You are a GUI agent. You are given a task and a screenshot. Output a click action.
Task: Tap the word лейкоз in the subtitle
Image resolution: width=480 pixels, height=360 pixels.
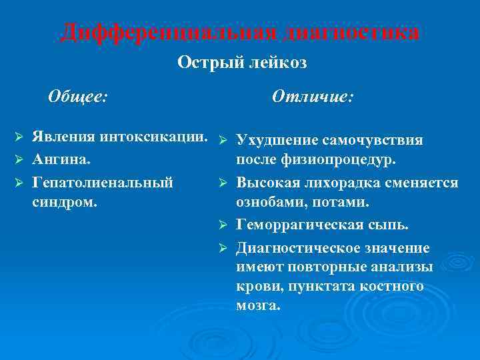point(271,63)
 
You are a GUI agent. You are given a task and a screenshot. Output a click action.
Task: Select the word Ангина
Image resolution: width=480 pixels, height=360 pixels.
point(62,160)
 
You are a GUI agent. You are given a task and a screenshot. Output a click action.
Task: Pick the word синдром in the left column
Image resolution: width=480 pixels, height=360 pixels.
point(64,201)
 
